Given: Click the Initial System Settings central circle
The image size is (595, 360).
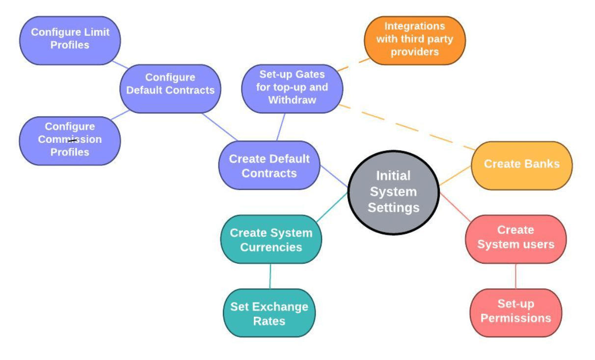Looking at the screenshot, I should [393, 192].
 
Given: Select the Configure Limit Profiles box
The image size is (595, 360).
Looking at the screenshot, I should [70, 40].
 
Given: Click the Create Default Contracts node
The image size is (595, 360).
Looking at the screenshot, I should [269, 166].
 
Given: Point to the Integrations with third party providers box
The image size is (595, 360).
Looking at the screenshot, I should [414, 40].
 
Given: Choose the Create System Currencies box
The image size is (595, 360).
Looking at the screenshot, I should [271, 239].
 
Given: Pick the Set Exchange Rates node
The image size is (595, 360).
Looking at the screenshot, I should [269, 313].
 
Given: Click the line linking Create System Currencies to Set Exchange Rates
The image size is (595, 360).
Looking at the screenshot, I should [270, 276].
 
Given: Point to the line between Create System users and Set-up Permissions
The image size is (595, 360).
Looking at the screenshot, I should [515, 276].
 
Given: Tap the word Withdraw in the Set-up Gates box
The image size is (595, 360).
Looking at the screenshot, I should [292, 100].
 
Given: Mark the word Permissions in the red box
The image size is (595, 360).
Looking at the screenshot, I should [515, 318].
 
